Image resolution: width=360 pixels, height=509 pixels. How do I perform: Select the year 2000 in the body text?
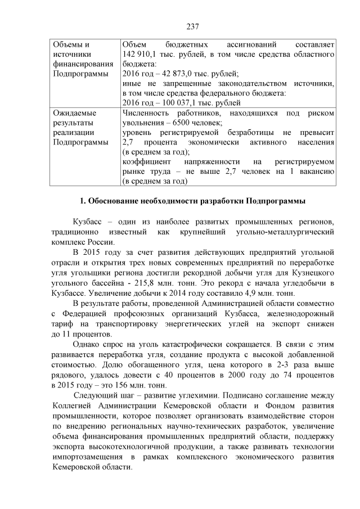tap(231, 375)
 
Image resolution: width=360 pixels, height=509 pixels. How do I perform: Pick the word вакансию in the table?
tap(318, 171)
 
